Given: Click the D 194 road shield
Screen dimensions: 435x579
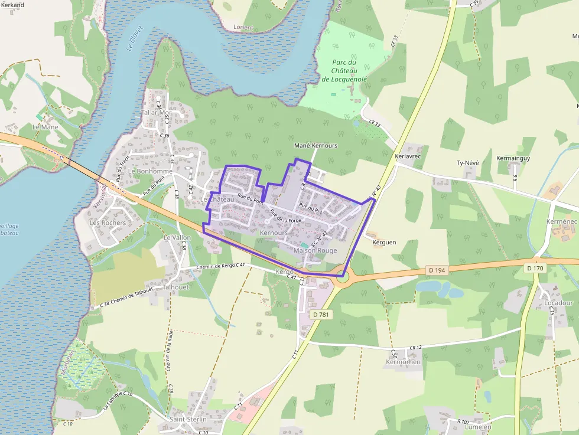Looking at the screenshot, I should pyautogui.click(x=437, y=270).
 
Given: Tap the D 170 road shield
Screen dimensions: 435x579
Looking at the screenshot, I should pyautogui.click(x=535, y=269).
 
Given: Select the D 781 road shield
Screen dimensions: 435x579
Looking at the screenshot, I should pyautogui.click(x=320, y=315).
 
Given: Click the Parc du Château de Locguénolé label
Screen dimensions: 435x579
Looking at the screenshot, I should pyautogui.click(x=344, y=70).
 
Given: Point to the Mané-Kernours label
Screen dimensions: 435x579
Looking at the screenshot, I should pyautogui.click(x=315, y=145).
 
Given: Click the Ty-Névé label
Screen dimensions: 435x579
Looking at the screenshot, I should pyautogui.click(x=467, y=163).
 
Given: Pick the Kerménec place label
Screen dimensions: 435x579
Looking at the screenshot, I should pyautogui.click(x=561, y=221).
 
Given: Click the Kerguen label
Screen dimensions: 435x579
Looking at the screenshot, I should pyautogui.click(x=385, y=242).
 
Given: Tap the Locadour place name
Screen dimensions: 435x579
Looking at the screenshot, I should pyautogui.click(x=558, y=303).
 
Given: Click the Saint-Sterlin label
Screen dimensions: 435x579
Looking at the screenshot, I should pyautogui.click(x=188, y=419).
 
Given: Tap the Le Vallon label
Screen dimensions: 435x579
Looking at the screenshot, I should pyautogui.click(x=177, y=237).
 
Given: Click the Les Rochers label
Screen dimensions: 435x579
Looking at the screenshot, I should pyautogui.click(x=108, y=223).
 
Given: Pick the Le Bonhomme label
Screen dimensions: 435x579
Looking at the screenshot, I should pyautogui.click(x=150, y=171).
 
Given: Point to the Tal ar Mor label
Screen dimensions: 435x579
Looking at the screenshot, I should pyautogui.click(x=156, y=113).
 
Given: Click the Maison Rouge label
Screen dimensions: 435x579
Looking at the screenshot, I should pyautogui.click(x=315, y=250).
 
